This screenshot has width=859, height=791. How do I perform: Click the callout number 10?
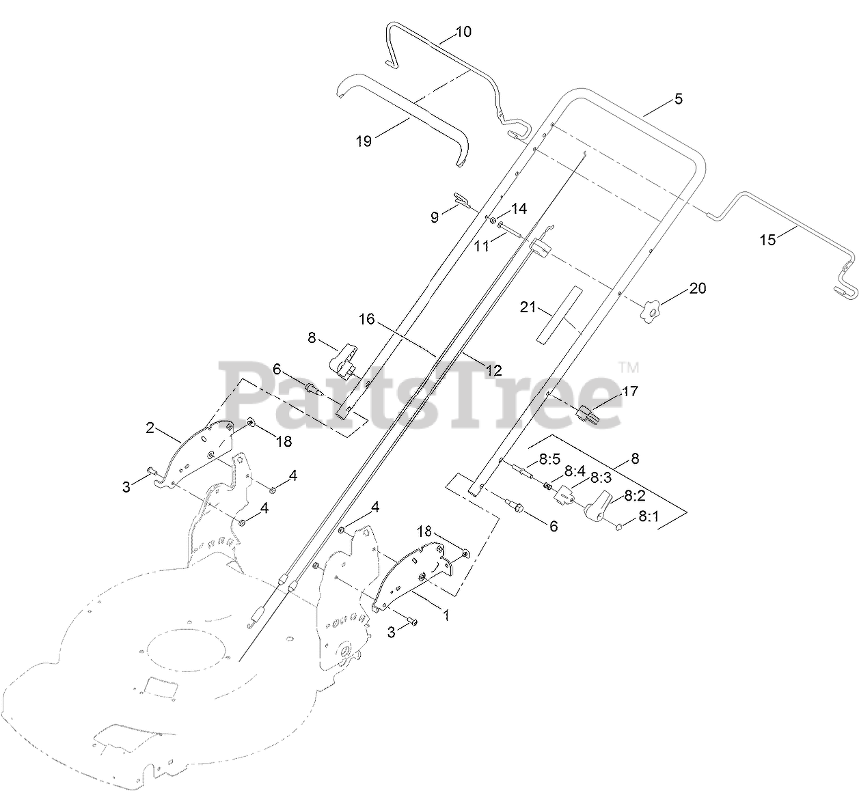pos(463,31)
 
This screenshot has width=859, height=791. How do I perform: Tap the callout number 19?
pos(364,141)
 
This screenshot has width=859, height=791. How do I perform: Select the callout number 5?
pos(678,98)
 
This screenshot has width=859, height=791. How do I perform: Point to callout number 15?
pos(769,240)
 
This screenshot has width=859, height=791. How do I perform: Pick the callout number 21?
pos(528,307)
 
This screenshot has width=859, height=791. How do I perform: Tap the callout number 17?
pos(629,391)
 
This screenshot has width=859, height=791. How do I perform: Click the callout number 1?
pos(446,615)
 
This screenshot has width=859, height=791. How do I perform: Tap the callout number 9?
pos(435,217)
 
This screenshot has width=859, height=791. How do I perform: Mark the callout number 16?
pos(367,318)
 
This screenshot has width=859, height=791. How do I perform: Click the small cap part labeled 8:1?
pos(618,527)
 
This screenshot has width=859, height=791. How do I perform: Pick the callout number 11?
pos(482,246)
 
